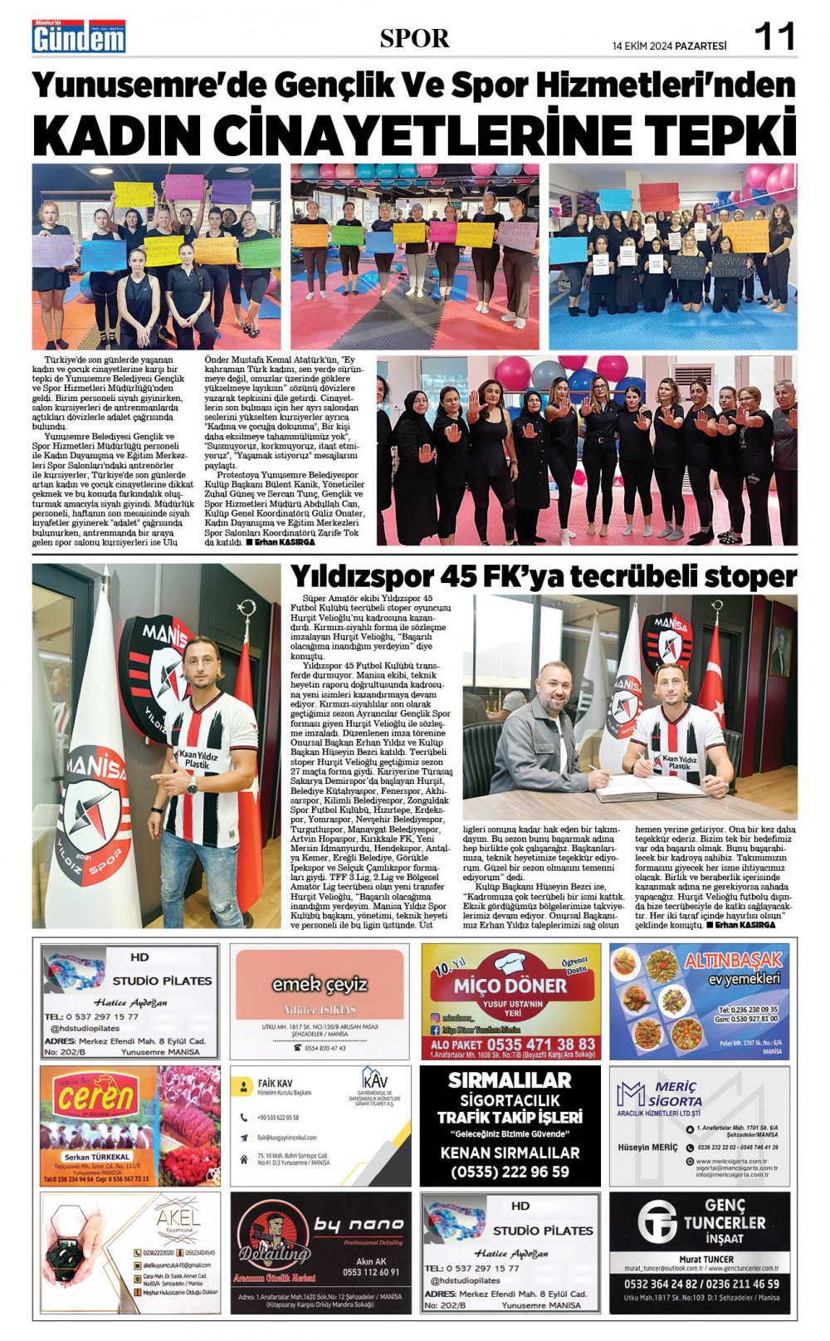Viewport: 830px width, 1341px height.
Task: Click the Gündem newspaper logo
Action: point(79,37)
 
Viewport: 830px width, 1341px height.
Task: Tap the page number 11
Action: point(774,37)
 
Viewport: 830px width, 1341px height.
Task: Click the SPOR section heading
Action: point(414,38)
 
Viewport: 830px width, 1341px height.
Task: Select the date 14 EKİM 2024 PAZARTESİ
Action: point(669,46)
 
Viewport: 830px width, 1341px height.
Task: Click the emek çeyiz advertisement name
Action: point(320,985)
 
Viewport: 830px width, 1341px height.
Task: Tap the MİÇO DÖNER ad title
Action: point(510,986)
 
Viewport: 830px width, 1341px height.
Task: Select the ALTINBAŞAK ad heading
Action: point(733,961)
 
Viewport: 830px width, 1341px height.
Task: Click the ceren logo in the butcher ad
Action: point(96,1098)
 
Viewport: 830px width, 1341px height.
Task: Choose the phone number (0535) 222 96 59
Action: point(510,1172)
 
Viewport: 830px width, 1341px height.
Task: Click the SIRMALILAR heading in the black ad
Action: point(510,1080)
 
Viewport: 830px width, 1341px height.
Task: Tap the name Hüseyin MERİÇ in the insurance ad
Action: point(647,1148)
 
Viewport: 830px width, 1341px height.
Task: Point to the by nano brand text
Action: point(359,1225)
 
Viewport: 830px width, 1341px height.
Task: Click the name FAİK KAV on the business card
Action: point(275,1084)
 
